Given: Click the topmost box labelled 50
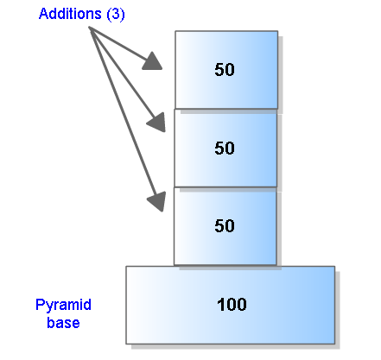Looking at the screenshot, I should point(226,70).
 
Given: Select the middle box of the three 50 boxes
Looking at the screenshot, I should point(225,148).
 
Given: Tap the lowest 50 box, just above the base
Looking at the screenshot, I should point(225,226).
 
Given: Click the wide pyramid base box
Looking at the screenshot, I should point(230,304).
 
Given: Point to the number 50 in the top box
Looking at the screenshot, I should point(225,70).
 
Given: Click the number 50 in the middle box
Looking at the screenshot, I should point(225,148).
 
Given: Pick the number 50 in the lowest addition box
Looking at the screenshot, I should point(225,226).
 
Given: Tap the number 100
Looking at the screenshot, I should point(232,304).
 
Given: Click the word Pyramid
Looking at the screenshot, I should point(63,305).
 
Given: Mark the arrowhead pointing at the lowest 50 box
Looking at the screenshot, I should point(156,201).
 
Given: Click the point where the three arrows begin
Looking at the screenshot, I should point(90,29).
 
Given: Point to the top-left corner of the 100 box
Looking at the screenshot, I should point(126,266).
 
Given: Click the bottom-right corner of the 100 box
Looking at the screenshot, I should point(333,344).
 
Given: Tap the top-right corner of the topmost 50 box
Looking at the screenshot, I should point(277,32).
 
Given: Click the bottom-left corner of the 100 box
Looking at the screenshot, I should point(126,344).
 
